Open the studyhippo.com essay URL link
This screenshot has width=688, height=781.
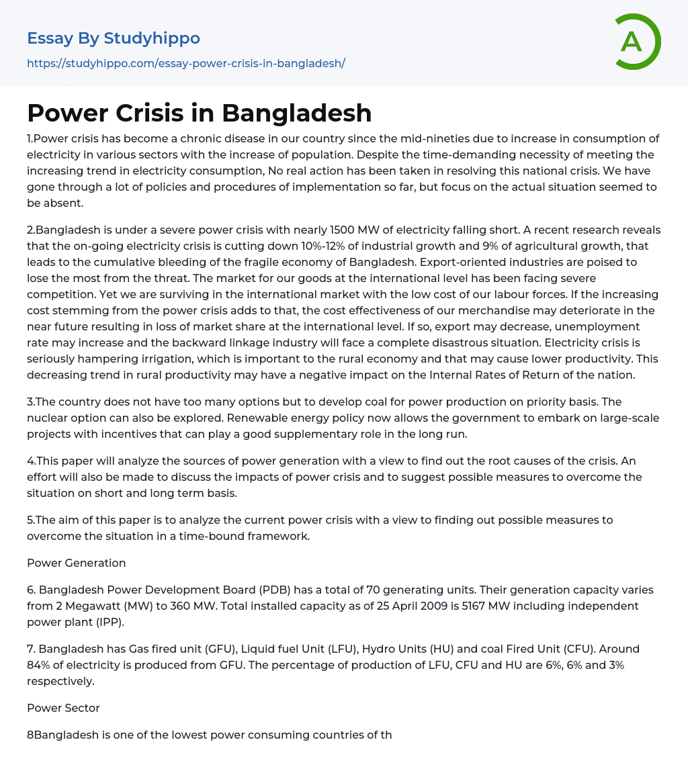[186, 63]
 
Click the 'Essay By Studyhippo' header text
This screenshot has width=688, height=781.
[114, 38]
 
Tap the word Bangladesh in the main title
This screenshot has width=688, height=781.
[297, 113]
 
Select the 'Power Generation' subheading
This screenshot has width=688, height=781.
[76, 563]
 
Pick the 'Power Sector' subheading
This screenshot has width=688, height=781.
[63, 708]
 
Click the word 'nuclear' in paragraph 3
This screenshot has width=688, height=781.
[47, 418]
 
